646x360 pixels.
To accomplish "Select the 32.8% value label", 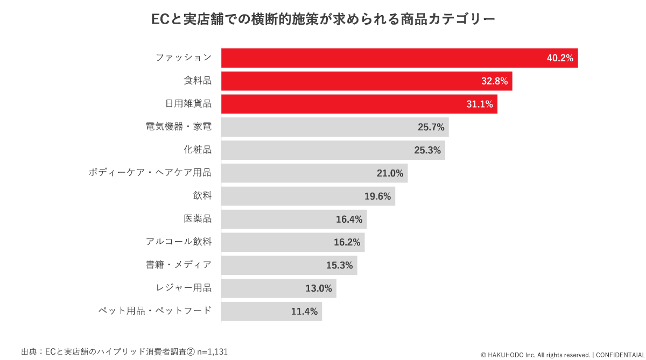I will (x=494, y=81).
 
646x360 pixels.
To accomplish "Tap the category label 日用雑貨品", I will (x=188, y=104).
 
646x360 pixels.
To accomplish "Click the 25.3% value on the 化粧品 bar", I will (x=427, y=150).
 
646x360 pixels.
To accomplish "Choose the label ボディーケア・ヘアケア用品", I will (x=150, y=173).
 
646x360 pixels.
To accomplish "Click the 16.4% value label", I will (x=349, y=219).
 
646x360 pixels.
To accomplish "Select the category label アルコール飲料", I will (x=179, y=242).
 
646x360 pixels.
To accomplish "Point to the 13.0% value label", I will (x=319, y=288).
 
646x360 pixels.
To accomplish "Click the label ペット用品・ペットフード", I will (x=155, y=311).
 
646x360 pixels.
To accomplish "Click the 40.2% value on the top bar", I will (x=560, y=58).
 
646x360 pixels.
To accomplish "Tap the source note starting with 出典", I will (x=124, y=352).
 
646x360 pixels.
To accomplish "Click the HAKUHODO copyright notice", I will (x=562, y=355).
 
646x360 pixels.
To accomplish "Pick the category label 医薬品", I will (x=198, y=219).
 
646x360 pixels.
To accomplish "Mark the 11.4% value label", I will (x=304, y=312).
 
